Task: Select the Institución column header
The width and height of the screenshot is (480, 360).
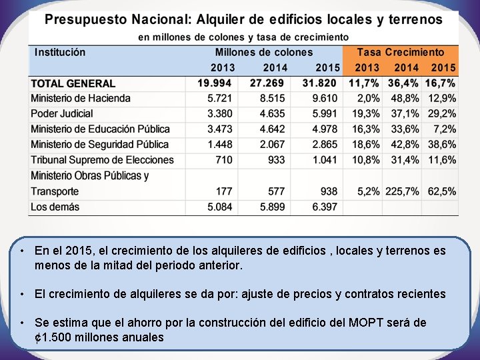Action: (60, 52)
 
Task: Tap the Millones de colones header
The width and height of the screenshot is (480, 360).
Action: (263, 52)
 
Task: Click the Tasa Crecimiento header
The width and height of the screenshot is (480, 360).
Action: (400, 52)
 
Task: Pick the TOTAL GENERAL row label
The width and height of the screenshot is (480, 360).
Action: (73, 83)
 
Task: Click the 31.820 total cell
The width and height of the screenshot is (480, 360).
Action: (320, 83)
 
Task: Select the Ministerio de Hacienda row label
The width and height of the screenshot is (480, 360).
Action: (81, 99)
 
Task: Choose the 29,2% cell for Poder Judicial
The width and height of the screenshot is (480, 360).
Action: (442, 114)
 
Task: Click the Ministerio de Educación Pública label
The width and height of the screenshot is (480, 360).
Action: (101, 129)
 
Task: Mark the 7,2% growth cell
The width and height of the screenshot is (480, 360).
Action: (445, 129)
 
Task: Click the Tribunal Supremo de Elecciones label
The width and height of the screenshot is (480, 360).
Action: (102, 160)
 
